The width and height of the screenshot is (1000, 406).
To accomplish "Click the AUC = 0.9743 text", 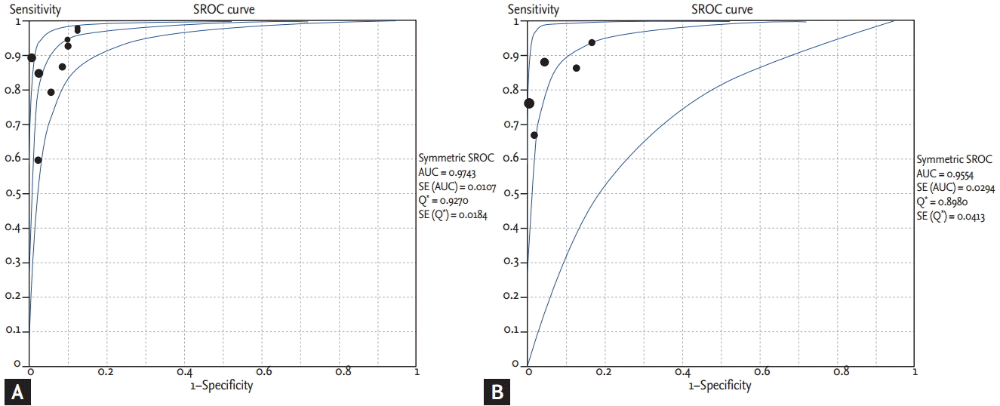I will point(450,173).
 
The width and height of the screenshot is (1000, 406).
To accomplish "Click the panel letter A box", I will point(18,392).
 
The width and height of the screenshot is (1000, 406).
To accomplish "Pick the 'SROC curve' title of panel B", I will point(722,9).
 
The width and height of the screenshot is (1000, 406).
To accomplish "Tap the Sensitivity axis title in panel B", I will point(534,9).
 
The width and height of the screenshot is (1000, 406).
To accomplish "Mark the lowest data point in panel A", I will point(38,160).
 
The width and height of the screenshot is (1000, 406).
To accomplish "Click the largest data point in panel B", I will point(528,103).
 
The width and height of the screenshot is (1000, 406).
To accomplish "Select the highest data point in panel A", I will point(77,28).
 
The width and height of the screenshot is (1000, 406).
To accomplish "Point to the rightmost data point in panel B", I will point(592,42).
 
